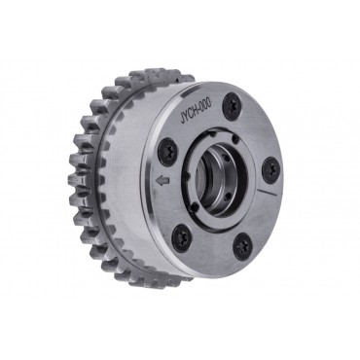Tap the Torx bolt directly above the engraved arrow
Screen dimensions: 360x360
[167, 150]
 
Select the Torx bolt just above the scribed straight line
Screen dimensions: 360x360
[270, 169]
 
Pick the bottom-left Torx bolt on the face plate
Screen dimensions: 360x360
[181, 238]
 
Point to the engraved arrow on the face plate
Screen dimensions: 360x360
[162, 181]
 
